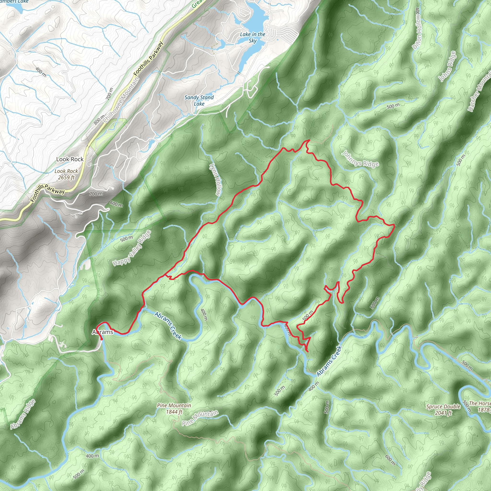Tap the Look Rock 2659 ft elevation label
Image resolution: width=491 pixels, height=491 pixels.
(66, 174)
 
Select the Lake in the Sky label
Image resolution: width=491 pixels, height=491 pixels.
(252, 37)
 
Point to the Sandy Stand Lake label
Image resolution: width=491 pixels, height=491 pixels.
(199, 100)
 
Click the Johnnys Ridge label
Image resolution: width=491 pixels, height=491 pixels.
(360, 159)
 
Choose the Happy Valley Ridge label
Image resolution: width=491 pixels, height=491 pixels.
(132, 248)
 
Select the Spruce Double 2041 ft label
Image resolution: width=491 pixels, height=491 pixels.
(443, 410)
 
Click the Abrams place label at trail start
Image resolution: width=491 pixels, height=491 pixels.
(102, 332)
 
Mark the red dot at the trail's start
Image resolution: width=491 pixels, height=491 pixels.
(102, 339)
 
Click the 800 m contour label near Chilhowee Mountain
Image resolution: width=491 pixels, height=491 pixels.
(99, 119)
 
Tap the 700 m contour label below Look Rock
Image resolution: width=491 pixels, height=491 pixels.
(96, 194)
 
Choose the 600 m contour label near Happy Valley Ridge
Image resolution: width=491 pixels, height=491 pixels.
(116, 204)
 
